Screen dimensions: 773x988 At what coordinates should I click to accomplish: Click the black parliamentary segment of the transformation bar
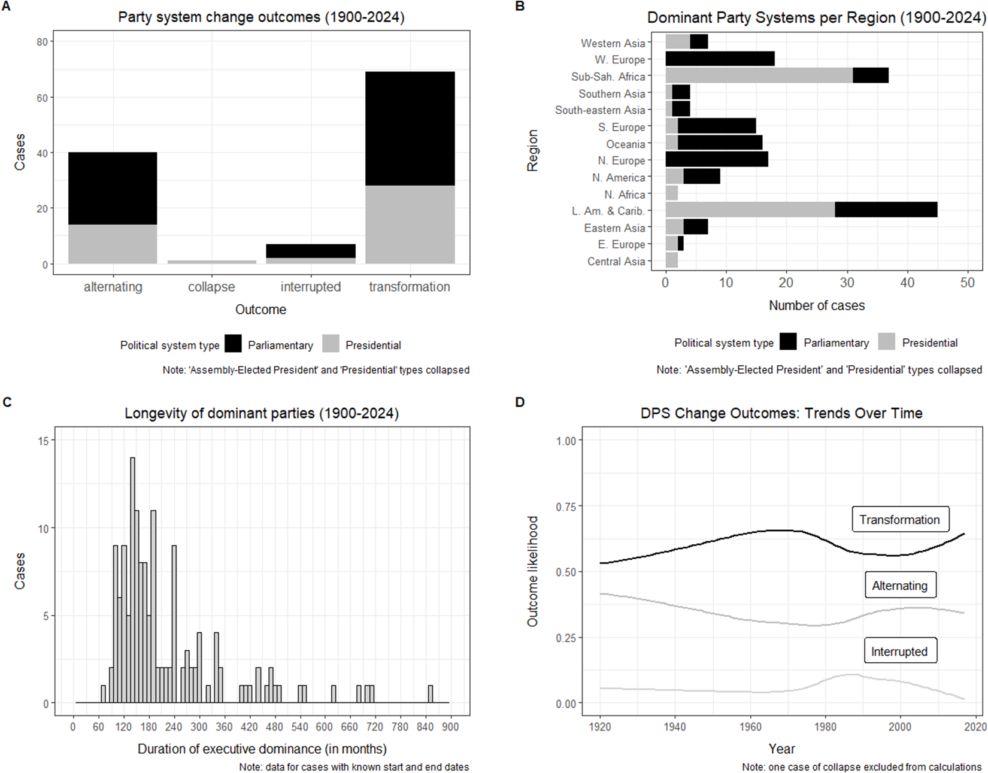pyautogui.click(x=410, y=128)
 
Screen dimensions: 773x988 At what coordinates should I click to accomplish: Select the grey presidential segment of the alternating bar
pyautogui.click(x=113, y=244)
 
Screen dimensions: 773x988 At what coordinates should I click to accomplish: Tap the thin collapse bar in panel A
pyautogui.click(x=211, y=262)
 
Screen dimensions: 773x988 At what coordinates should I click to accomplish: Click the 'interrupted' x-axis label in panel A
pyautogui.click(x=310, y=287)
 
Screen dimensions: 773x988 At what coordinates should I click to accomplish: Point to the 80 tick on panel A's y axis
pyautogui.click(x=42, y=42)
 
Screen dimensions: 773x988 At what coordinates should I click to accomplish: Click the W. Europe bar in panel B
pyautogui.click(x=720, y=59)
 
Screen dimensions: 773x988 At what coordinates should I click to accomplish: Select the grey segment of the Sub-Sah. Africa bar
pyautogui.click(x=759, y=75)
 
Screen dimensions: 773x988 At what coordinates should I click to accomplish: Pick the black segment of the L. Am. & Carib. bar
pyautogui.click(x=886, y=210)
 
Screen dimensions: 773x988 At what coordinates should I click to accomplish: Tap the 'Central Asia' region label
pyautogui.click(x=616, y=261)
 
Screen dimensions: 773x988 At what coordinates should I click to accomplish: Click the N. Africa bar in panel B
pyautogui.click(x=671, y=193)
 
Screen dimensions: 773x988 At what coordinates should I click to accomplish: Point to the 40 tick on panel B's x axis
pyautogui.click(x=907, y=283)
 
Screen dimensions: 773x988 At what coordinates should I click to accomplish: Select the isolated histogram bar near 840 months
pyautogui.click(x=430, y=694)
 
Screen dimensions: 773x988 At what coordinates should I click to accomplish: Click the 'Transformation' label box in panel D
pyautogui.click(x=899, y=520)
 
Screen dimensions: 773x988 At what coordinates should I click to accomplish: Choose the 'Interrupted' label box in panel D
pyautogui.click(x=899, y=651)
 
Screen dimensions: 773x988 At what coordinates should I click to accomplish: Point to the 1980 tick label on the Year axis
pyautogui.click(x=825, y=727)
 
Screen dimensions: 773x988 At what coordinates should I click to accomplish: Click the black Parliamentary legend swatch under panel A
pyautogui.click(x=233, y=344)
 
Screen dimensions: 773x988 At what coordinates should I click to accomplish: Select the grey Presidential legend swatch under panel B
pyautogui.click(x=887, y=342)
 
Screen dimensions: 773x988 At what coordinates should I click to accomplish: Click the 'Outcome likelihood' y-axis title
pyautogui.click(x=532, y=571)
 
